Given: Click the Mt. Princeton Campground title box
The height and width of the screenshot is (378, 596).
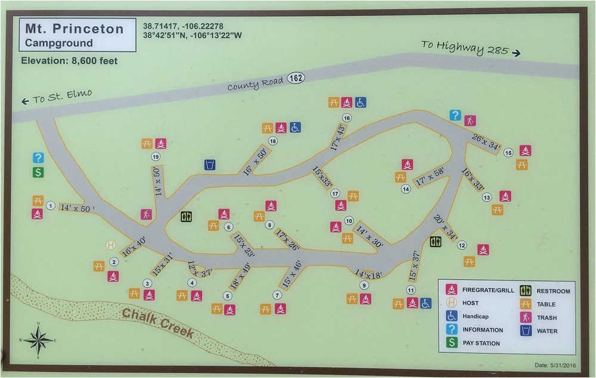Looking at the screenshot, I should [x=78, y=35].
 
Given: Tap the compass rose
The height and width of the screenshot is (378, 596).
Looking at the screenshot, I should [x=38, y=341].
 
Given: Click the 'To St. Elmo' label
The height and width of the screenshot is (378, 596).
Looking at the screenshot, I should [x=57, y=98].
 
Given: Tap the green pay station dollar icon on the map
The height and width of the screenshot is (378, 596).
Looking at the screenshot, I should [x=38, y=172].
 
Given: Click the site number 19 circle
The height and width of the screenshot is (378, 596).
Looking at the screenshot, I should [x=156, y=157].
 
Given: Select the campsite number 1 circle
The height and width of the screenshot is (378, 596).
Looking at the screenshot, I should [x=51, y=206].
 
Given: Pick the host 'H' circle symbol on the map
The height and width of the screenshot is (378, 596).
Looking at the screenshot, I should [x=110, y=245].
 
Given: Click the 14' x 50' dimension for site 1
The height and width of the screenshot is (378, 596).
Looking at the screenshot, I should [x=77, y=208].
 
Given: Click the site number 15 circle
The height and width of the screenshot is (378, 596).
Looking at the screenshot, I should [x=508, y=153].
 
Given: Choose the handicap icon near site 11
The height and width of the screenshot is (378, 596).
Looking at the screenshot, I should [x=426, y=303].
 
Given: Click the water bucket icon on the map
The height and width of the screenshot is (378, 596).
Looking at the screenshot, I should [x=210, y=164].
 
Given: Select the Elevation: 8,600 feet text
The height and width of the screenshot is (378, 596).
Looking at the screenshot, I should [x=69, y=61].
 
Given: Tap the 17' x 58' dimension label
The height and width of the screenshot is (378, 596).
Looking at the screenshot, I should [x=430, y=176].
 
